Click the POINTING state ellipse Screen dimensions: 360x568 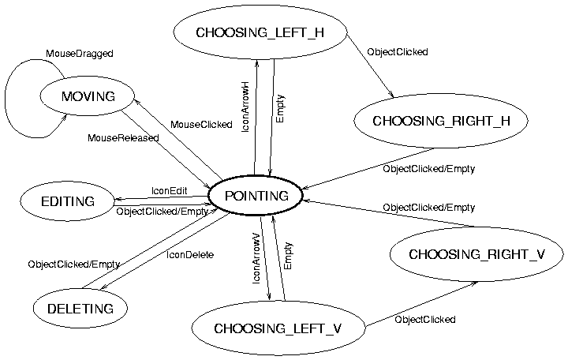coord(255,195)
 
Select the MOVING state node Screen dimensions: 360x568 coord(88,96)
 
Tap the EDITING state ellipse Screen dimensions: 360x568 coord(67,201)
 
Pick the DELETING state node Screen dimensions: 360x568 coord(80,309)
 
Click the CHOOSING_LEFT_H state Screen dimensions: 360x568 coord(260,32)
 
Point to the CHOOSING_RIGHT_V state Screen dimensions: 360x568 coord(476,254)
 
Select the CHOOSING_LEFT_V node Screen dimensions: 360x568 coord(278,328)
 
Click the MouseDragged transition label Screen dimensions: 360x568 coord(79,54)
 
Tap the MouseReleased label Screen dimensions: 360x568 coord(122,138)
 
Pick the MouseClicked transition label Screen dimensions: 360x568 coord(201,125)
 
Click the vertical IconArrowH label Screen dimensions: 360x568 coord(245,106)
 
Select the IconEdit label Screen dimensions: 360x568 coord(169,191)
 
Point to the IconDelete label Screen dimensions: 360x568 coord(190,254)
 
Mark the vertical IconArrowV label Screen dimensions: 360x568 coord(256,258)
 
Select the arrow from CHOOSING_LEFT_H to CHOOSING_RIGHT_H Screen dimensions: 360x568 coord(371,66)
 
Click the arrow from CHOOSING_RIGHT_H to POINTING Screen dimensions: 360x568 coord(367,168)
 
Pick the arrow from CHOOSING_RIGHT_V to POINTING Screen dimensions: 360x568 coord(387,213)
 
